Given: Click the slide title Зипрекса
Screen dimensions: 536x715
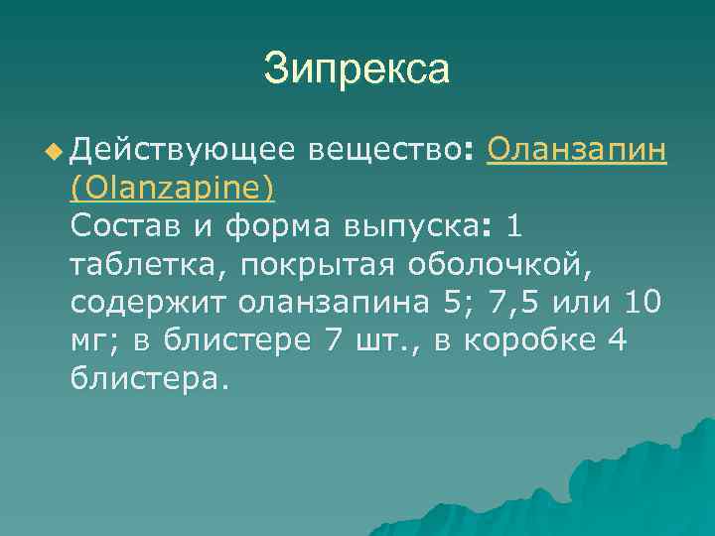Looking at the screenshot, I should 357,69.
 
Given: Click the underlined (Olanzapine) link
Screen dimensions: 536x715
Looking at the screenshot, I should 173,187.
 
